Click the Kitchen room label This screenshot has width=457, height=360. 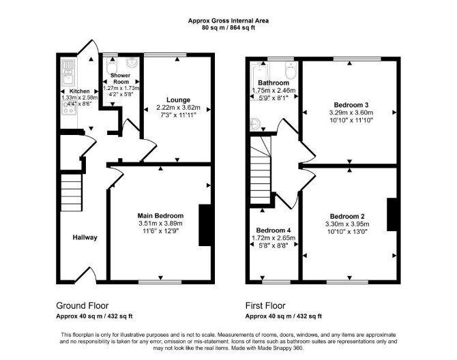pyautogui.click(x=79, y=91)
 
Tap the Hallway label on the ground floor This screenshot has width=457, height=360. pyautogui.click(x=85, y=237)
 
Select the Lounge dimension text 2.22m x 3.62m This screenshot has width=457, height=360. pyautogui.click(x=178, y=108)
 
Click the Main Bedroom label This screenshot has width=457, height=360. pyautogui.click(x=160, y=216)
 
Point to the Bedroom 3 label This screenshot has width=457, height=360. pyautogui.click(x=351, y=105)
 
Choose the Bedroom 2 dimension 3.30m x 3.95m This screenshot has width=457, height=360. pyautogui.click(x=347, y=224)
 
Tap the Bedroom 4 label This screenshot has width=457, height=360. pyautogui.click(x=274, y=230)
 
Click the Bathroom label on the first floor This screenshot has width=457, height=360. pyautogui.click(x=274, y=82)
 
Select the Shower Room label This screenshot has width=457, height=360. pyautogui.click(x=120, y=78)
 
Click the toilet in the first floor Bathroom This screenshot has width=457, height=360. pyautogui.click(x=291, y=70)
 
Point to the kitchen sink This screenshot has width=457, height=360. pyautogui.click(x=68, y=73)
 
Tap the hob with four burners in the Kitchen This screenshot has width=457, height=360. pyautogui.click(x=69, y=108)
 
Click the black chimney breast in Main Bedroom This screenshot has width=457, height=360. pyautogui.click(x=205, y=225)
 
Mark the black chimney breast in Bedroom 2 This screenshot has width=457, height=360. pyautogui.click(x=392, y=215)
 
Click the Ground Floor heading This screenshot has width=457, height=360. pyautogui.click(x=82, y=305)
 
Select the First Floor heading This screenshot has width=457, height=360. pyautogui.click(x=265, y=305)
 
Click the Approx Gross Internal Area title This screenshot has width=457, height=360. pyautogui.click(x=228, y=20)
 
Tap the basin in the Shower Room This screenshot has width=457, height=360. pyautogui.click(x=133, y=62)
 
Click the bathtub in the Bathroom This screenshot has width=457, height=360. pyautogui.click(x=260, y=82)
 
